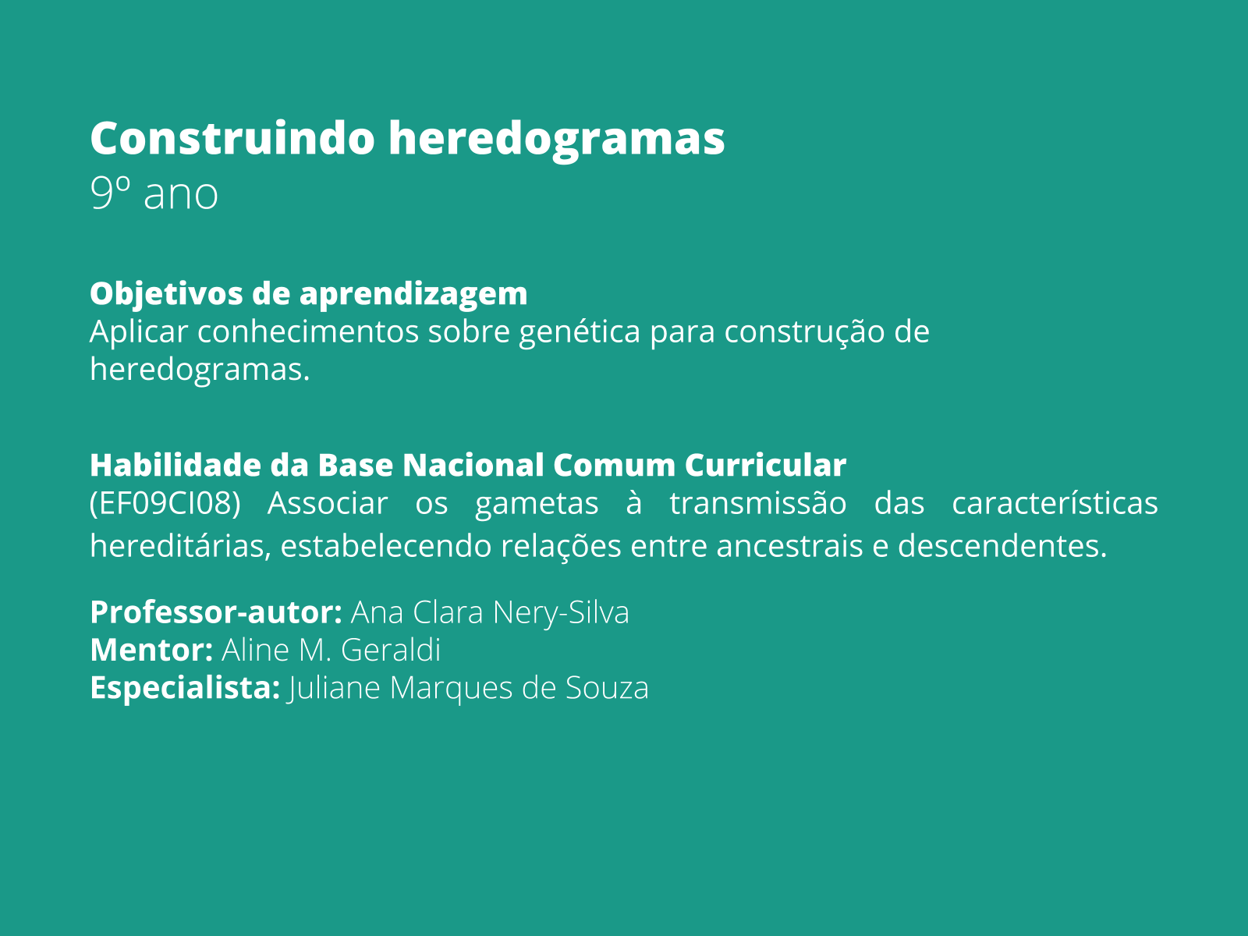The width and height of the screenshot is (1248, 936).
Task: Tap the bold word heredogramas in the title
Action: click(x=557, y=138)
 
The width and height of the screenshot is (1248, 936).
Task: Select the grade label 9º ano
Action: click(x=154, y=193)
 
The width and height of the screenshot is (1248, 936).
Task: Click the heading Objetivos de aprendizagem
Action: click(x=308, y=294)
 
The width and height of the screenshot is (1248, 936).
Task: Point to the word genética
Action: click(x=580, y=332)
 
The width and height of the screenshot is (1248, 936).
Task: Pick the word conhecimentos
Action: click(x=307, y=332)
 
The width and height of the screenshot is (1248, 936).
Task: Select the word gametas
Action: click(x=537, y=503)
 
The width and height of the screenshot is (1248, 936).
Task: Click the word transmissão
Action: click(x=757, y=503)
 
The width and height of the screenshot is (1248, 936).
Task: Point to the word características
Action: click(x=1055, y=503)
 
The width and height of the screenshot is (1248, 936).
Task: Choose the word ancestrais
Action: click(x=789, y=546)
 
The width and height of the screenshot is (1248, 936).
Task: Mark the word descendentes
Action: click(x=1002, y=546)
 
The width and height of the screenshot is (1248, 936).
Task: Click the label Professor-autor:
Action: click(x=216, y=612)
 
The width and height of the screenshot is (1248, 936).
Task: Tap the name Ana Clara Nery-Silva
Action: click(x=490, y=612)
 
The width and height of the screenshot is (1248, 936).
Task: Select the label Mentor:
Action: click(x=151, y=650)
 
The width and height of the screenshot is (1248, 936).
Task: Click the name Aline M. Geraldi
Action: click(x=331, y=650)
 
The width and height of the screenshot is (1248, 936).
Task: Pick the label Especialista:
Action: click(x=185, y=688)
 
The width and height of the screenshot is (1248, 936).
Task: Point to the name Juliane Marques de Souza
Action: click(x=468, y=688)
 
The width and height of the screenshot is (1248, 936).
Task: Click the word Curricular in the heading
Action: click(x=765, y=466)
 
